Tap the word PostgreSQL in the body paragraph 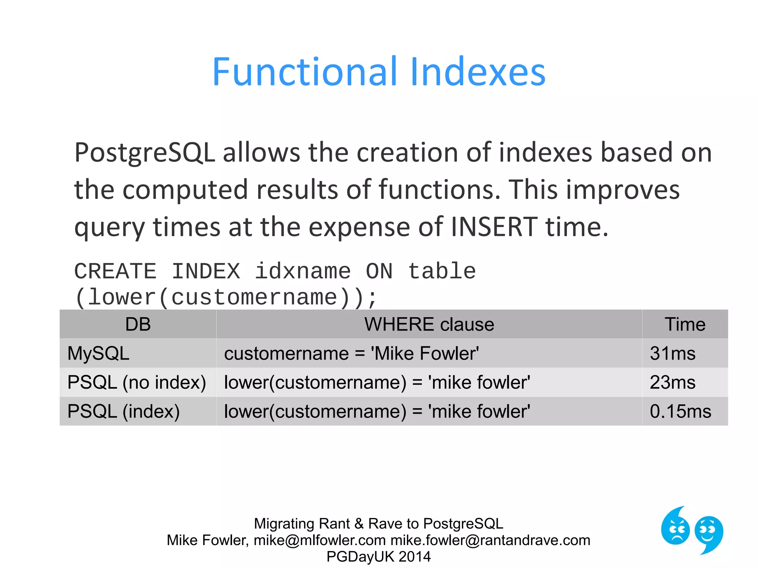145,153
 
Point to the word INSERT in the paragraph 494,227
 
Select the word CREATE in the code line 115,271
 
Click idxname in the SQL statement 303,271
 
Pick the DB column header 138,324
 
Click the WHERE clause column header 429,324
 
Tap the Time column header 685,324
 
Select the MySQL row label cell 98,353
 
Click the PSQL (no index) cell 137,382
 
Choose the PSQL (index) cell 124,411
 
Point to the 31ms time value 673,353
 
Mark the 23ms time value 673,382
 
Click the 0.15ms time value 680,411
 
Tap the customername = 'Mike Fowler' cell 352,353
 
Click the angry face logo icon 675,527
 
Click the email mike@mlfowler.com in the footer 320,540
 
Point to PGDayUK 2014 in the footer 378,557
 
